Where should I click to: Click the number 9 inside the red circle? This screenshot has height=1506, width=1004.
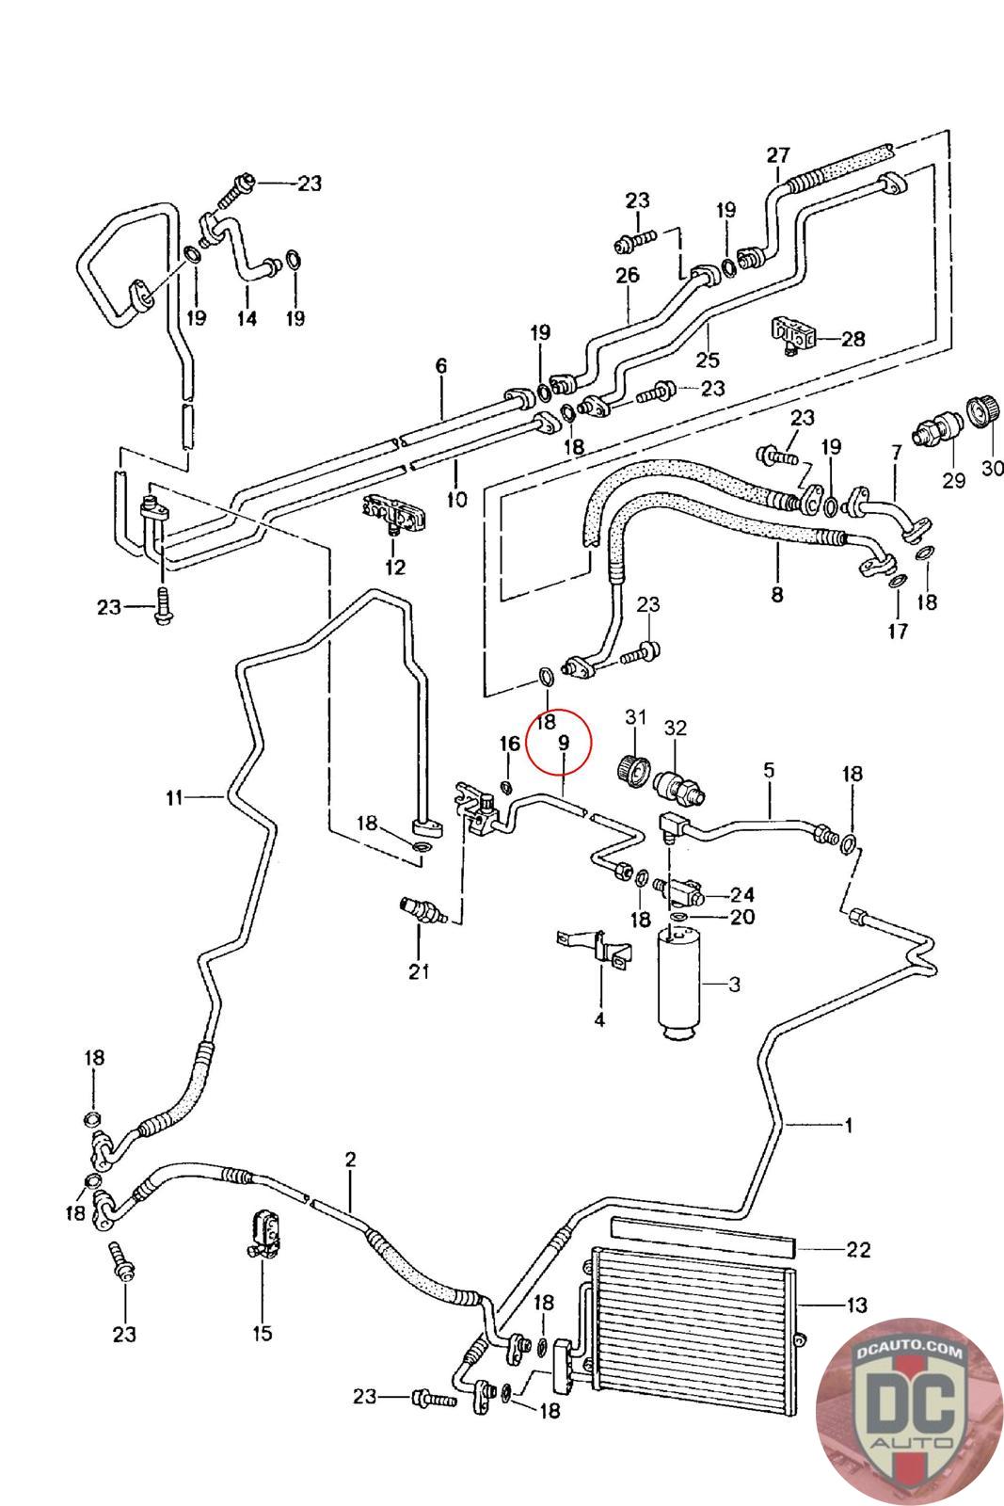tap(563, 743)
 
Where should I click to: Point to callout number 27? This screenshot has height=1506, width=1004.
tap(778, 155)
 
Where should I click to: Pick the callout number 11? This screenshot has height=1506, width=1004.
tap(173, 798)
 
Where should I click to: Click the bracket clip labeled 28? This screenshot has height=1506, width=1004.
tap(792, 337)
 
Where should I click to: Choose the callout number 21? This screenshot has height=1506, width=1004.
tap(419, 970)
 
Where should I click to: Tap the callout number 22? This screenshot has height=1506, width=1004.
tap(858, 1250)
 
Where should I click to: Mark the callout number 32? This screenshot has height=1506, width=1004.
tap(676, 728)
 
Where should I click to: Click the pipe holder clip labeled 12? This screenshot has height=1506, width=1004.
tap(394, 513)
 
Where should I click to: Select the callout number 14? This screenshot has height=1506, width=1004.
tap(246, 318)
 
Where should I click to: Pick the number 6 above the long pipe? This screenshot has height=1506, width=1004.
tap(441, 365)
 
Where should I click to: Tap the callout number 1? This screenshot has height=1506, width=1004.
tap(848, 1124)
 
